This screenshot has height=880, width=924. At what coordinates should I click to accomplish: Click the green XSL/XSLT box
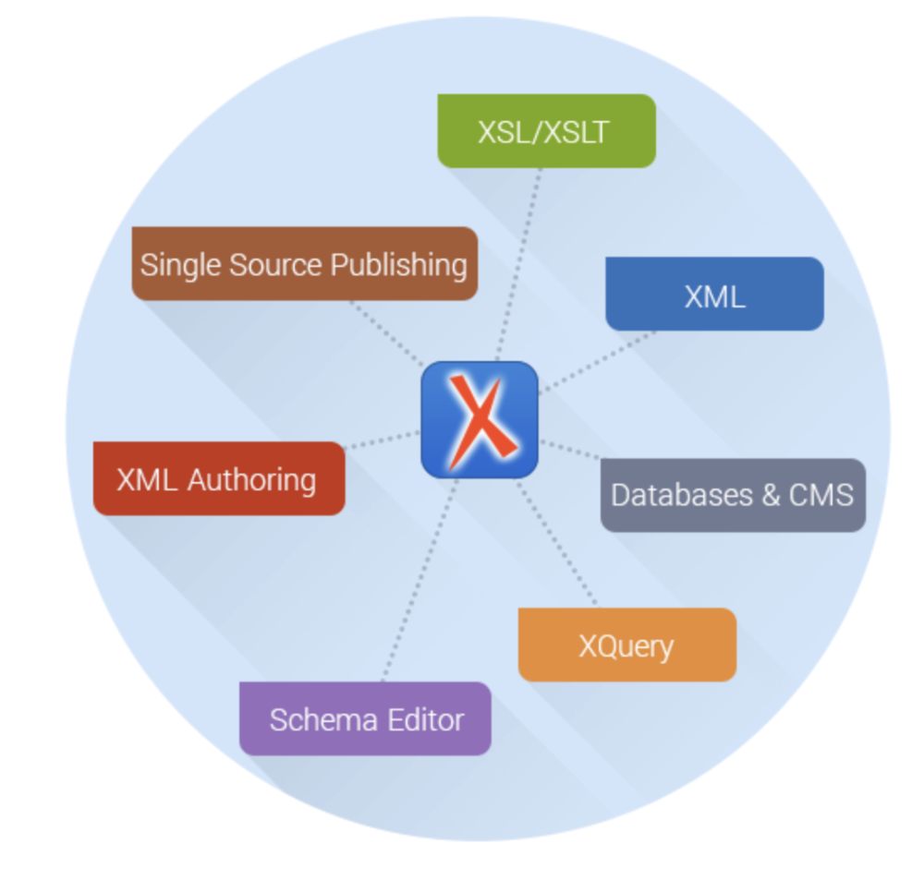(546, 131)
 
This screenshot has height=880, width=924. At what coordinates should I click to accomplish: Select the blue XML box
(714, 294)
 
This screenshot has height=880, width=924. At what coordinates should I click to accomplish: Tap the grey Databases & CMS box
(733, 495)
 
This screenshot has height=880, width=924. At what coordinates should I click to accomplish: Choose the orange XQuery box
(626, 645)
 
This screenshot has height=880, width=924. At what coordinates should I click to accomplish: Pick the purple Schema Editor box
(365, 718)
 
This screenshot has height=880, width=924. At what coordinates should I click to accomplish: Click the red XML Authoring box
(219, 478)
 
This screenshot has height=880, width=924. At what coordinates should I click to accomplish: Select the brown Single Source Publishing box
(304, 264)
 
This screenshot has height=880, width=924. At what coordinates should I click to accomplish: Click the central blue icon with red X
(480, 420)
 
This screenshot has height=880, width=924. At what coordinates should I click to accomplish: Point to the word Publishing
(399, 265)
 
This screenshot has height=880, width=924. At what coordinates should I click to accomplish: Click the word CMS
(821, 495)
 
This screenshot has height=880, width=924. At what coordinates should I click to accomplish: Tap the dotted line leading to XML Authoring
(382, 440)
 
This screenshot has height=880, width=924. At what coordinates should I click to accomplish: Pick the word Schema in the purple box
(316, 719)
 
